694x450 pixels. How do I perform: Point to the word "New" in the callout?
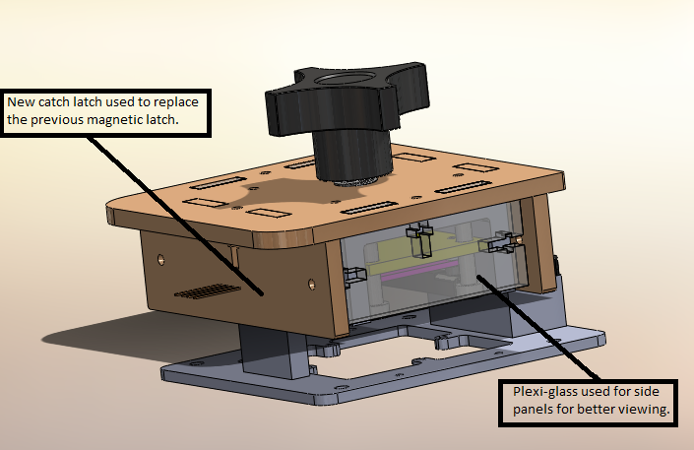point(22,102)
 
